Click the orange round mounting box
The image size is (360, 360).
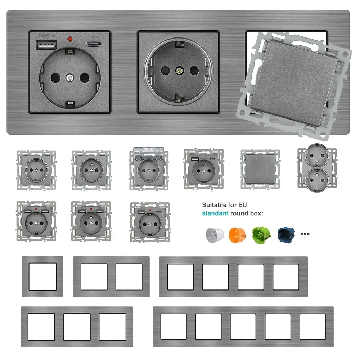[236, 234]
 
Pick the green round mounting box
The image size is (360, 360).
[260, 234]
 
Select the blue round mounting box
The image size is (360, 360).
[285, 234]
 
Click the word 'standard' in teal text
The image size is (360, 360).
[215, 213]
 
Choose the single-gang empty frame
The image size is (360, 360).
[42, 276]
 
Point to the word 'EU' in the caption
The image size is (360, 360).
[243, 205]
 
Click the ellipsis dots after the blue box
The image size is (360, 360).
[305, 234]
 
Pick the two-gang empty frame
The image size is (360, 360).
[111, 276]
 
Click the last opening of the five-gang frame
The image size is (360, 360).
[312, 327]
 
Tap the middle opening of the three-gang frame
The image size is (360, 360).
[77, 327]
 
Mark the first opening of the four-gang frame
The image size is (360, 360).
[180, 276]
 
